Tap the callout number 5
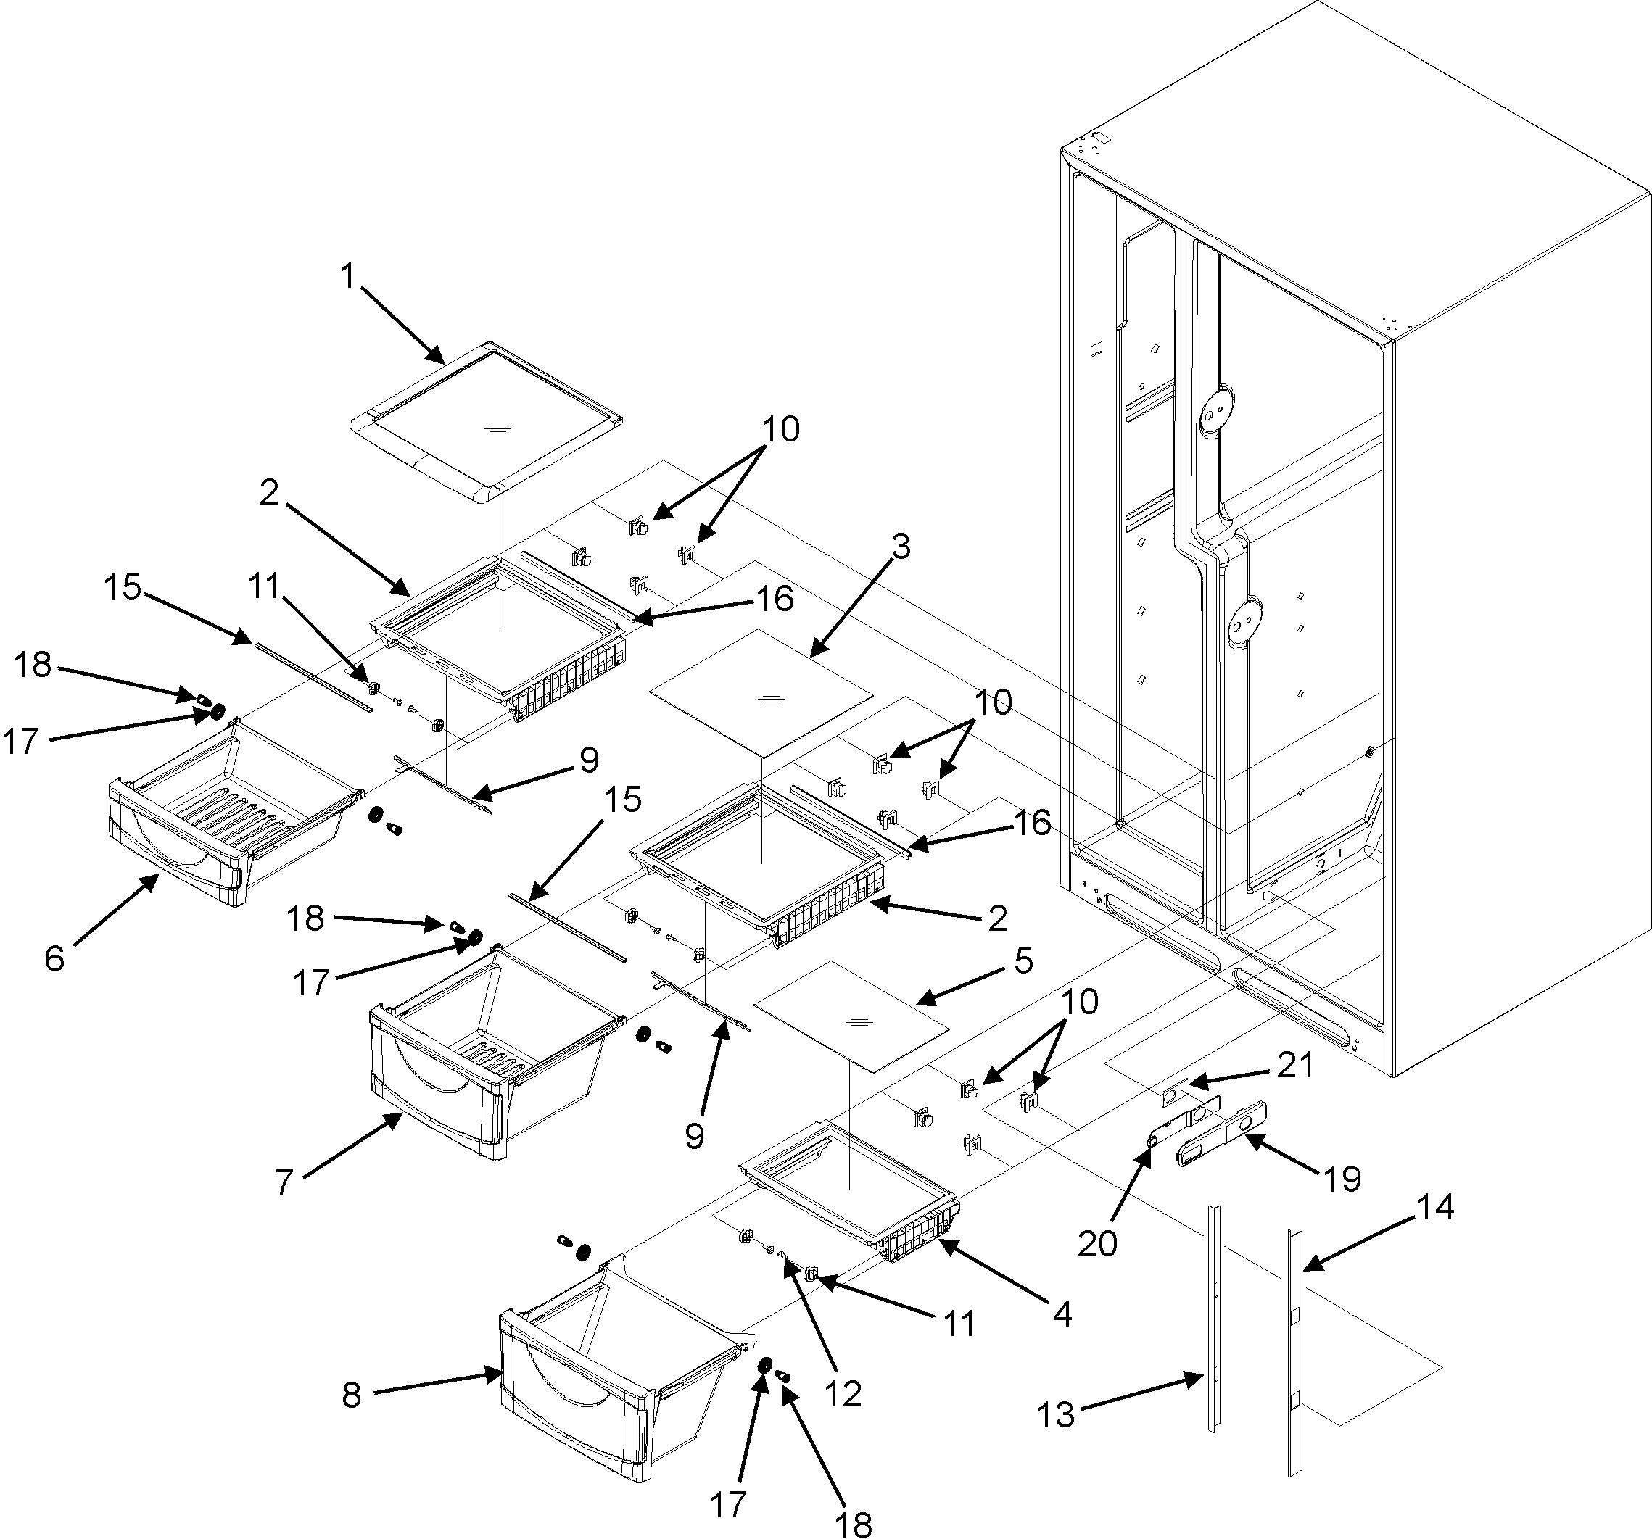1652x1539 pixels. point(1023,961)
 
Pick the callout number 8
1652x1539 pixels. point(352,1395)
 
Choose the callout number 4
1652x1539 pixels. point(1062,1314)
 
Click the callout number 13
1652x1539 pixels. point(1056,1414)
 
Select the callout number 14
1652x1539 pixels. point(1435,1207)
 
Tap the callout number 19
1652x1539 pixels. point(1343,1179)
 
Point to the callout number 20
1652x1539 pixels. point(1097,1243)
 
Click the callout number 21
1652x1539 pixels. point(1294,1066)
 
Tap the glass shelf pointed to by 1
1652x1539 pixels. point(486,420)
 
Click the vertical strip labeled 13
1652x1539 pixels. point(1215,1321)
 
